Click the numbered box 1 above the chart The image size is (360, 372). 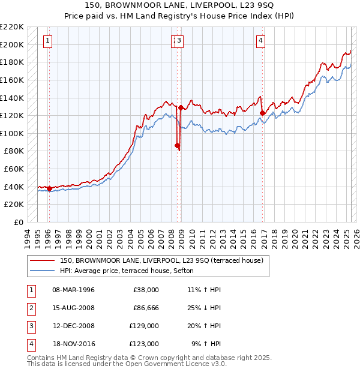click(47, 41)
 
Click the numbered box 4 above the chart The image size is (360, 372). click(261, 41)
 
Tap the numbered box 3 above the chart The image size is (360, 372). click(179, 41)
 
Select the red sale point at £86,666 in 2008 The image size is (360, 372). click(177, 145)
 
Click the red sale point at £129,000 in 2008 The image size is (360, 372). click(181, 107)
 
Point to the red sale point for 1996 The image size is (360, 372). click(49, 188)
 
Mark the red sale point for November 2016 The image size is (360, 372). click(262, 113)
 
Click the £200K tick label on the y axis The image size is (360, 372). click(12, 44)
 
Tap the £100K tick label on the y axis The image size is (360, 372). click(12, 133)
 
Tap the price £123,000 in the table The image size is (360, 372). click(144, 344)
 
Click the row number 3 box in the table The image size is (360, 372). click(30, 327)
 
